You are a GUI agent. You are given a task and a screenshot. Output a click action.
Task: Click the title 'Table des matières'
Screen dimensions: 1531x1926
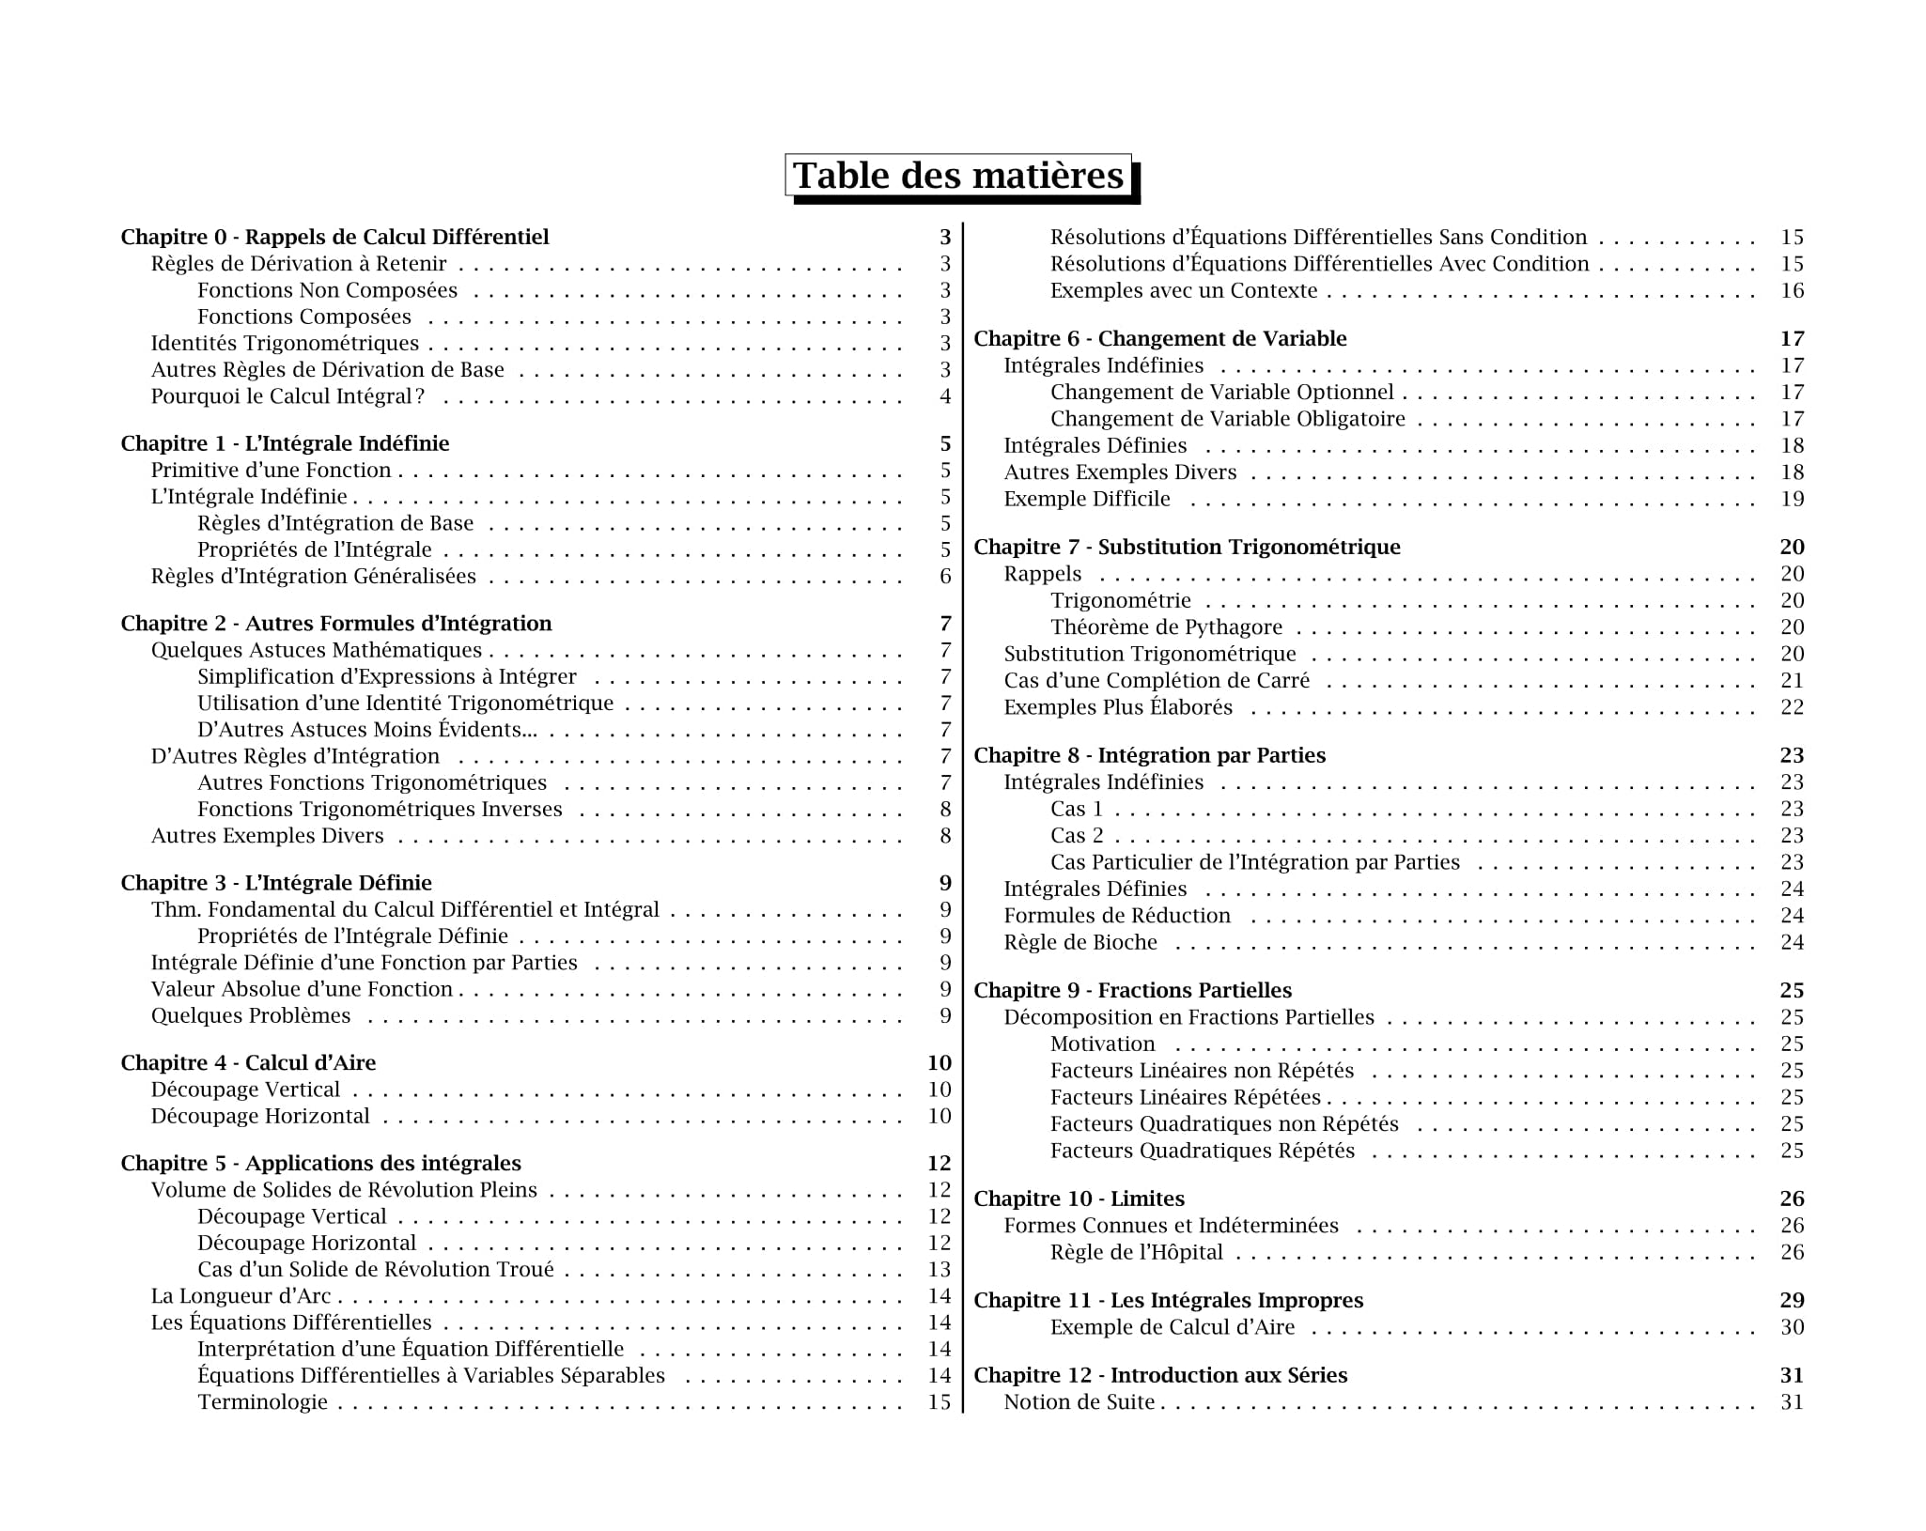[958, 176]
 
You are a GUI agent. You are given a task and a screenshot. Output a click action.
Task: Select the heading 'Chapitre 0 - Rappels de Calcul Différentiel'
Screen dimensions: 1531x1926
[334, 237]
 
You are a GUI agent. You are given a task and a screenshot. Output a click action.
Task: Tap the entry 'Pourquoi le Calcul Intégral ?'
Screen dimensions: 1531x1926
[287, 396]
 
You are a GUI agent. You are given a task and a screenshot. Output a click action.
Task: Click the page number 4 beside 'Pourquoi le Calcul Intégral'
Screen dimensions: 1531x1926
[945, 396]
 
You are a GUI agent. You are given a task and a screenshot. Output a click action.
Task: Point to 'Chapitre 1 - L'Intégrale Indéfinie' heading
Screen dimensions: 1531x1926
[285, 443]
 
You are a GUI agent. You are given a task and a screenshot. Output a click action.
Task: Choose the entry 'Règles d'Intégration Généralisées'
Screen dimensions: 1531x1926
[313, 576]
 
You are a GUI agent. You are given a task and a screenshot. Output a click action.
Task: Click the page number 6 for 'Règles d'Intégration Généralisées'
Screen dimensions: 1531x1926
[945, 576]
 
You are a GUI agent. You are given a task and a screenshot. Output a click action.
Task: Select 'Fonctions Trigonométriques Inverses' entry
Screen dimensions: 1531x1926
[380, 809]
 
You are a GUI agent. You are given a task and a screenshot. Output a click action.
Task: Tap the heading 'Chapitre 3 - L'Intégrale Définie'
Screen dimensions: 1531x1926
[276, 883]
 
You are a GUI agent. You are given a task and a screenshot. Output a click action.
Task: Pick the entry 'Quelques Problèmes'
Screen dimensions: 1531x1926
[251, 1015]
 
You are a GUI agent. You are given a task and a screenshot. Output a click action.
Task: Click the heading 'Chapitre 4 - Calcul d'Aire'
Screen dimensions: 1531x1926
[248, 1062]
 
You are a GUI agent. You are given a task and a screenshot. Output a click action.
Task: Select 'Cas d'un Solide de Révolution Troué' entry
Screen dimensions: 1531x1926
[376, 1269]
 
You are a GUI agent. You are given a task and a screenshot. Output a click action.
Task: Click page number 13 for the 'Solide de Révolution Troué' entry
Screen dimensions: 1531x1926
[940, 1269]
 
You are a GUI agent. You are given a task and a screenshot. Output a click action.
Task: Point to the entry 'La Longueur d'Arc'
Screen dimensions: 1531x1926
[241, 1296]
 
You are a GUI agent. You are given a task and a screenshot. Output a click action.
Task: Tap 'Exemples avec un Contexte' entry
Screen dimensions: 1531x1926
[1184, 290]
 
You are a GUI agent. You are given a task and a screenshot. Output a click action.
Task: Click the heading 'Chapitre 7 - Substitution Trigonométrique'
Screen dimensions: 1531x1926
[1187, 547]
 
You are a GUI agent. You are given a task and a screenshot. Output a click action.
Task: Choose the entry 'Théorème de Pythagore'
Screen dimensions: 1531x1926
[1166, 626]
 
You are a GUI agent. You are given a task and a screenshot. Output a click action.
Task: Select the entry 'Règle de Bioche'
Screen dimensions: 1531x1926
[1080, 942]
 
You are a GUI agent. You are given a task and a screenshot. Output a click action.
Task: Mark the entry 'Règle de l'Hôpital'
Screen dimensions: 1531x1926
[1137, 1252]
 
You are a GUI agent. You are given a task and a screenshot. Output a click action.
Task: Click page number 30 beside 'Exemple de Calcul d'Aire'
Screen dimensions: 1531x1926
[1792, 1327]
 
